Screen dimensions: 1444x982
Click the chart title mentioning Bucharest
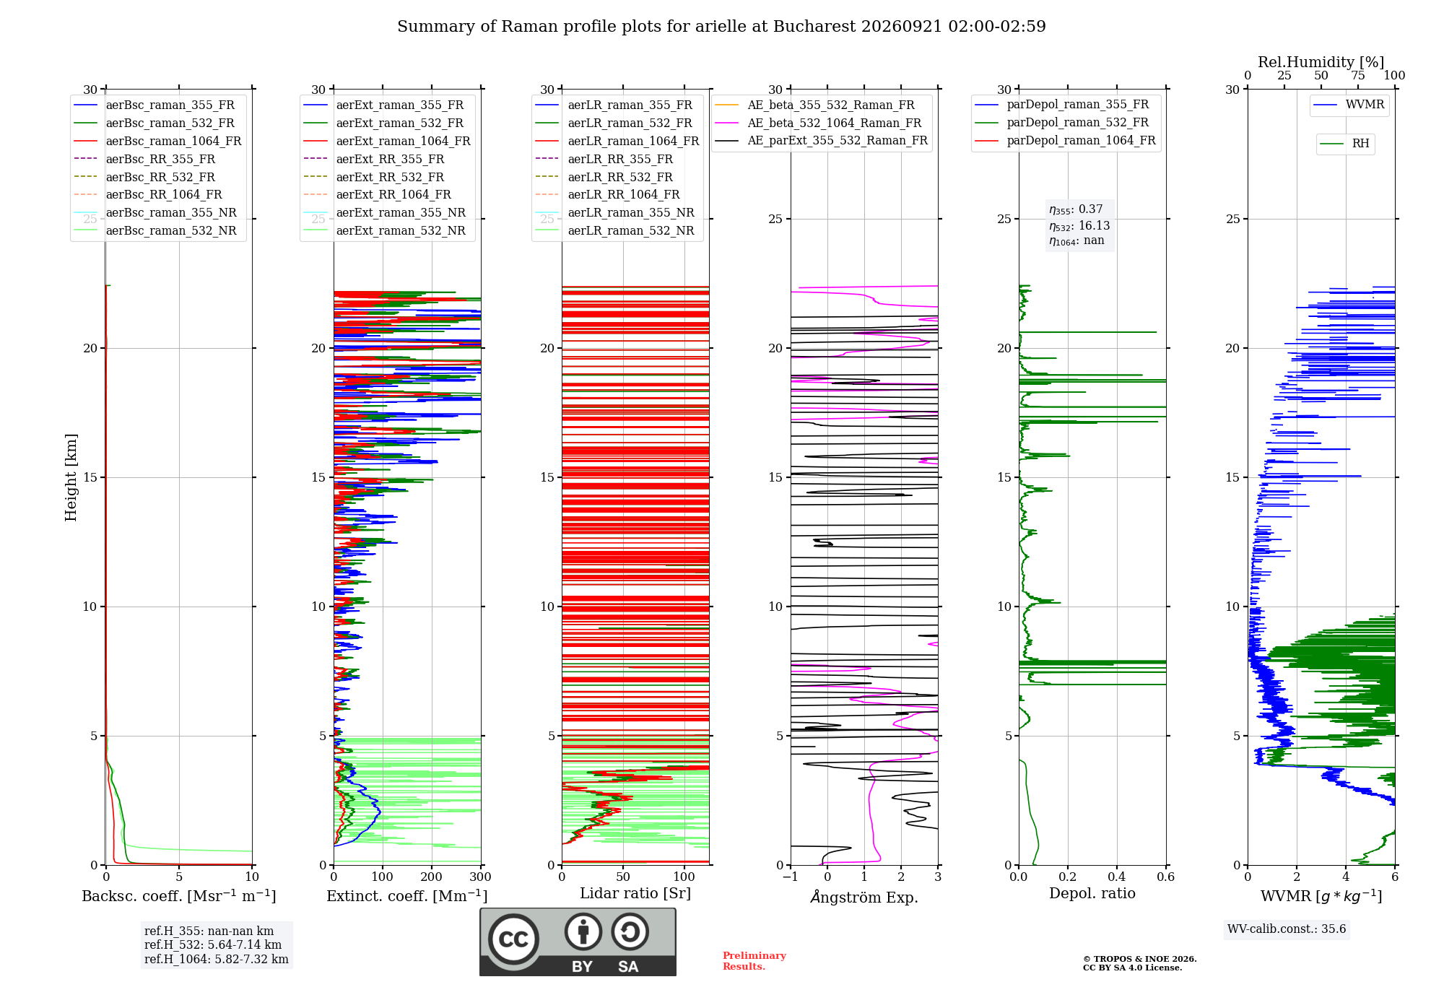click(x=721, y=27)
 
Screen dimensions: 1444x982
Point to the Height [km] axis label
click(x=71, y=477)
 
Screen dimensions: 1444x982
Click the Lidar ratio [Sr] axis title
click(x=635, y=893)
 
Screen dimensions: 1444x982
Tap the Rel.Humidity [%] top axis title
click(x=1321, y=62)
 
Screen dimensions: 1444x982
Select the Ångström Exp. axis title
click(x=864, y=897)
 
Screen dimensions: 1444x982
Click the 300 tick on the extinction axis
click(x=481, y=877)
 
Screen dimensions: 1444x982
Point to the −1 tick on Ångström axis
click(x=791, y=877)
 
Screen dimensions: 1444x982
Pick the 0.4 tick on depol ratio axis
click(x=1117, y=877)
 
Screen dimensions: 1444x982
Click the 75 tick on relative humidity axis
click(x=1358, y=76)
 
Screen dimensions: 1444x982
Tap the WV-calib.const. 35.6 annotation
click(x=1287, y=929)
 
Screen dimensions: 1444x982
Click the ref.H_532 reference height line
click(x=213, y=945)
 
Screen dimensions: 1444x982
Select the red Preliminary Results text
click(x=754, y=961)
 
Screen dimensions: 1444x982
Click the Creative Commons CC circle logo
click(x=513, y=939)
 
